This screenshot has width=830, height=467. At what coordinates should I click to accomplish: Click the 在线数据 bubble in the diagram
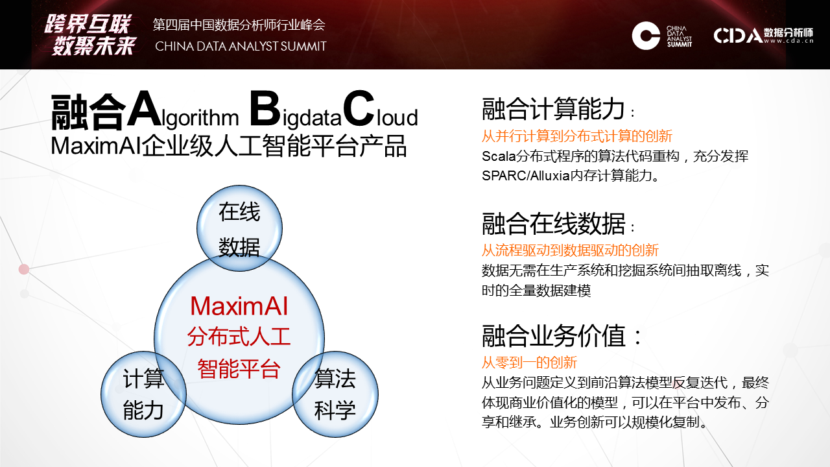[x=239, y=228]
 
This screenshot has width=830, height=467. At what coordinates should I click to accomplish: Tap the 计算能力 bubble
[x=143, y=394]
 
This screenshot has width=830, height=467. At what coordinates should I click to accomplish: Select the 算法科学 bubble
[x=335, y=394]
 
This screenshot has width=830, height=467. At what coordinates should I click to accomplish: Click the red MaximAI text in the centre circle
[x=239, y=307]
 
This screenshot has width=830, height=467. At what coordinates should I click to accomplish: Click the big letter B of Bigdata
[x=265, y=109]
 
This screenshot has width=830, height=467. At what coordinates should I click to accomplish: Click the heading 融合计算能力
[x=553, y=109]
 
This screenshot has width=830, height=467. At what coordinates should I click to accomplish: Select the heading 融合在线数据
[x=553, y=224]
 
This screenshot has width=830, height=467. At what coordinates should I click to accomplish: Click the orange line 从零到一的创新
[x=529, y=363]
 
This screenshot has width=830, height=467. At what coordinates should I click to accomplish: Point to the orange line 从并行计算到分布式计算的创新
[x=577, y=136]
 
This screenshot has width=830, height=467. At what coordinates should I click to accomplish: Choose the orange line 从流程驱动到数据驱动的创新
[x=570, y=250]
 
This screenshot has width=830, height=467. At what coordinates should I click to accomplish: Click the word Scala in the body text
[x=499, y=156]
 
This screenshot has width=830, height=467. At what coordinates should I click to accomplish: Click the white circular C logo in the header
[x=646, y=36]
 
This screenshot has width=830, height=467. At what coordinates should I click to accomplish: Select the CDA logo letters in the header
[x=738, y=36]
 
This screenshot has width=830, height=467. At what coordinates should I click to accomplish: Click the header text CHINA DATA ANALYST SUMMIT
[x=241, y=46]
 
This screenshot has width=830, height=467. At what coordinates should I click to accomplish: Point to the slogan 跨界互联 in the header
[x=88, y=25]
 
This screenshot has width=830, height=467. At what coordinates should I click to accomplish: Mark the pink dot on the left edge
[x=24, y=269]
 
